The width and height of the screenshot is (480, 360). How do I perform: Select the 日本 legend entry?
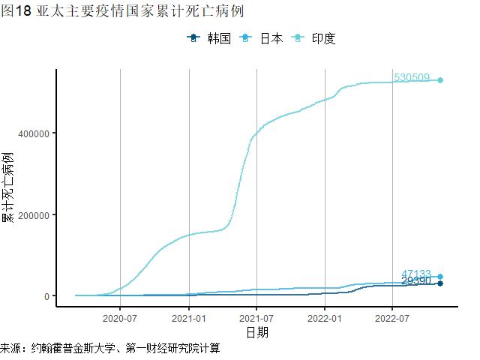pyautogui.click(x=262, y=39)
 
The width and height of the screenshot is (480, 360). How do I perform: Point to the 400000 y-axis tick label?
pyautogui.click(x=33, y=133)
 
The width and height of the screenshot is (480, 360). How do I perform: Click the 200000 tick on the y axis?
pyautogui.click(x=33, y=215)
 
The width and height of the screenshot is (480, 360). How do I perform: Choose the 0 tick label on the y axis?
pyautogui.click(x=47, y=296)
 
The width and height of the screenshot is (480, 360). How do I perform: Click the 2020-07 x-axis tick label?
pyautogui.click(x=121, y=318)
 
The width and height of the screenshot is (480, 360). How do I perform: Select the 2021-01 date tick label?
pyautogui.click(x=188, y=318)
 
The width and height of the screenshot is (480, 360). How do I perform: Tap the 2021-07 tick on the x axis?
pyautogui.click(x=256, y=318)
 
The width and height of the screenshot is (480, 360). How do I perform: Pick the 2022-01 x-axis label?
pyautogui.click(x=324, y=318)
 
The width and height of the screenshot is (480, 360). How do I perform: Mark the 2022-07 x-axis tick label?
pyautogui.click(x=392, y=318)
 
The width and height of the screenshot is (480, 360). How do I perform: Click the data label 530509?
pyautogui.click(x=412, y=78)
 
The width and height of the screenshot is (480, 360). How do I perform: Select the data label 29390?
pyautogui.click(x=416, y=282)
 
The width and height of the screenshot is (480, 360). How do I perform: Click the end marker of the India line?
pyautogui.click(x=441, y=80)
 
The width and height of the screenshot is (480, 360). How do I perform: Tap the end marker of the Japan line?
pyautogui.click(x=441, y=277)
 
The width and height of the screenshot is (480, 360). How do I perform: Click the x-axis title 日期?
pyautogui.click(x=257, y=332)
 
